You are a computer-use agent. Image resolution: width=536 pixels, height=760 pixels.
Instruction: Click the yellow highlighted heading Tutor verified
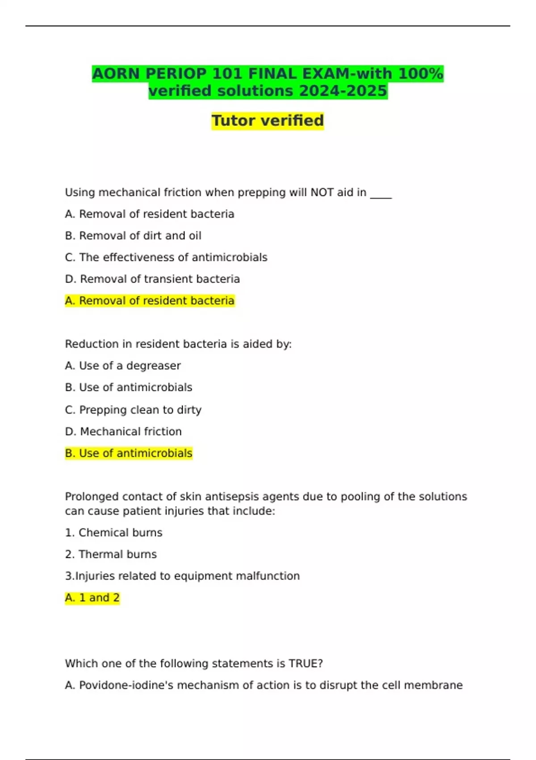pos(268,121)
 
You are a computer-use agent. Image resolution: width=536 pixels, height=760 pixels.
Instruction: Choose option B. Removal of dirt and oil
pos(133,236)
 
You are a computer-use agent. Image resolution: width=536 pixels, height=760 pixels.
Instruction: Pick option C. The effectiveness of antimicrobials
pos(166,258)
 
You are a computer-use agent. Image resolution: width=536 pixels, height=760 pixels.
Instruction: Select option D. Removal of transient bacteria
pos(152,279)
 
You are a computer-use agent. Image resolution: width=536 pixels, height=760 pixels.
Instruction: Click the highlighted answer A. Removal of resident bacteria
pos(150,301)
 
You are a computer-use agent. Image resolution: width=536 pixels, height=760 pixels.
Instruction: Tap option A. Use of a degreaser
pos(123,366)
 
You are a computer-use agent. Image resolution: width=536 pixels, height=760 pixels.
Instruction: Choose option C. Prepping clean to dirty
pos(133,410)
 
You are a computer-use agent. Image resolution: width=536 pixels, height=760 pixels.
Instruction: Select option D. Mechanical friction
pos(123,431)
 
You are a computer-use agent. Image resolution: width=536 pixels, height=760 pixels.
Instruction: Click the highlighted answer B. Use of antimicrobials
pos(129,453)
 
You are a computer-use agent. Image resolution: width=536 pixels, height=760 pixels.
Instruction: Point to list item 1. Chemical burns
pos(113,533)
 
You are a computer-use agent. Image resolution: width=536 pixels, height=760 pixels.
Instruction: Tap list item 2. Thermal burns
pos(111,554)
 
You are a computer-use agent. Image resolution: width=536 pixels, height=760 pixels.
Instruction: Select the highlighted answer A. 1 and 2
pos(92,598)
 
